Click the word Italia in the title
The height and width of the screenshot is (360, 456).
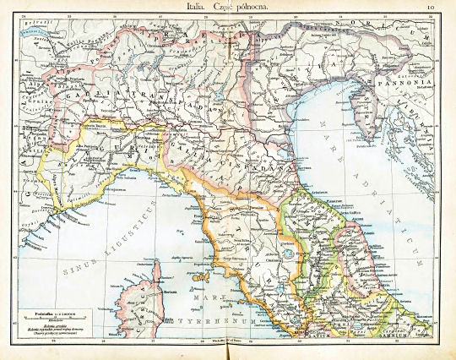click(203, 7)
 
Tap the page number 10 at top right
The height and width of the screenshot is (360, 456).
click(432, 8)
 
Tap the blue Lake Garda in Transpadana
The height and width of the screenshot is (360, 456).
click(214, 94)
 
